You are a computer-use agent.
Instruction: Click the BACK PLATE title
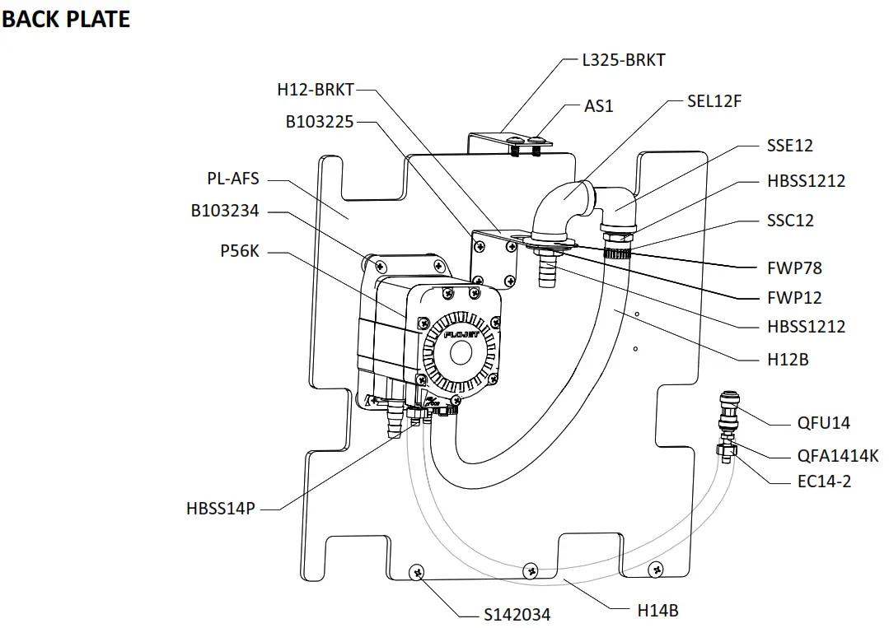[x=66, y=19]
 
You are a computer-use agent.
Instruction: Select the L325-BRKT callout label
[x=624, y=59]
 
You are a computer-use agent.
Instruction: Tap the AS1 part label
[x=599, y=106]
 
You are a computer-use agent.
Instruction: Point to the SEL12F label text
[x=714, y=101]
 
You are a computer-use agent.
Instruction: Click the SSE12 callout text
[x=789, y=145]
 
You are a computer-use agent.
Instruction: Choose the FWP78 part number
[x=794, y=267]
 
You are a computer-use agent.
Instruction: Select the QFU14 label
[x=824, y=423]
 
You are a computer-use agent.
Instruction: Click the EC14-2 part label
[x=824, y=481]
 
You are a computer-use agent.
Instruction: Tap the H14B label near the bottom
[x=657, y=610]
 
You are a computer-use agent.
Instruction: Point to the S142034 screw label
[x=517, y=614]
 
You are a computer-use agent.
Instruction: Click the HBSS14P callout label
[x=221, y=509]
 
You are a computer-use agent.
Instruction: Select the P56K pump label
[x=240, y=251]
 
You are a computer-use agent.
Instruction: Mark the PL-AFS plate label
[x=233, y=179]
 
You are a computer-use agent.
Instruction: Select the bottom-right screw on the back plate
[x=655, y=567]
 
